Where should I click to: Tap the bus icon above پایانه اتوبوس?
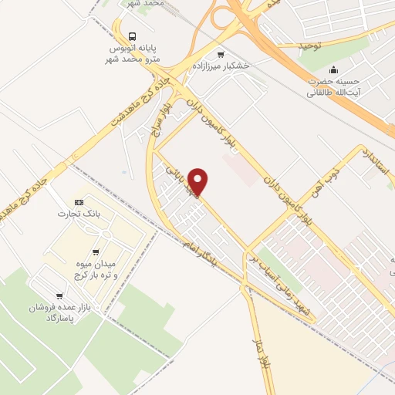pyautogui.click(x=133, y=36)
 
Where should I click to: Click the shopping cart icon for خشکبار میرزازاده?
pyautogui.click(x=221, y=55)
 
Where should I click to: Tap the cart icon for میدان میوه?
pyautogui.click(x=95, y=252)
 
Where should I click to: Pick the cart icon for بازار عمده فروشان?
pyautogui.click(x=54, y=295)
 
